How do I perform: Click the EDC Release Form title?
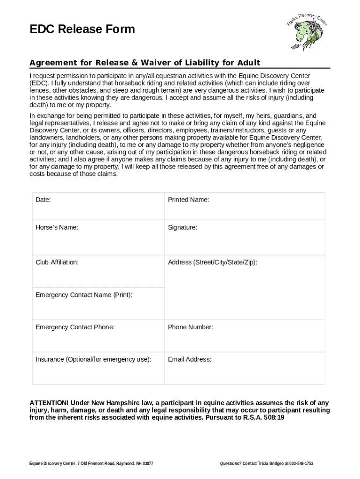pyautogui.click(x=82, y=29)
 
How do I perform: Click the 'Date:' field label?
pyautogui.click(x=43, y=200)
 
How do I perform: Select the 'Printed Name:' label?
pyautogui.click(x=188, y=200)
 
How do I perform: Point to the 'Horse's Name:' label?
pyautogui.click(x=57, y=227)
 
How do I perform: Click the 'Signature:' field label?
pyautogui.click(x=182, y=227)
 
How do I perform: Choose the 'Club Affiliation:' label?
pyautogui.click(x=57, y=262)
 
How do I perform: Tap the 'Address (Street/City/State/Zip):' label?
pyautogui.click(x=212, y=262)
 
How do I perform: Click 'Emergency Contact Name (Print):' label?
pyautogui.click(x=84, y=295)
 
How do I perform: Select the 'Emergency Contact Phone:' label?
pyautogui.click(x=75, y=327)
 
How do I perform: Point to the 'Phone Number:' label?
pyautogui.click(x=190, y=327)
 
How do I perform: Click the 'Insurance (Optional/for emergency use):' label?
pyautogui.click(x=94, y=359)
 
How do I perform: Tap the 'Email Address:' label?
pyautogui.click(x=189, y=359)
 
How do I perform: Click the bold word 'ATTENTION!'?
pyautogui.click(x=49, y=403)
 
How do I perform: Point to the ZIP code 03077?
pyautogui.click(x=147, y=464)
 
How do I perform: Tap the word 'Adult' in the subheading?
pyautogui.click(x=248, y=63)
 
